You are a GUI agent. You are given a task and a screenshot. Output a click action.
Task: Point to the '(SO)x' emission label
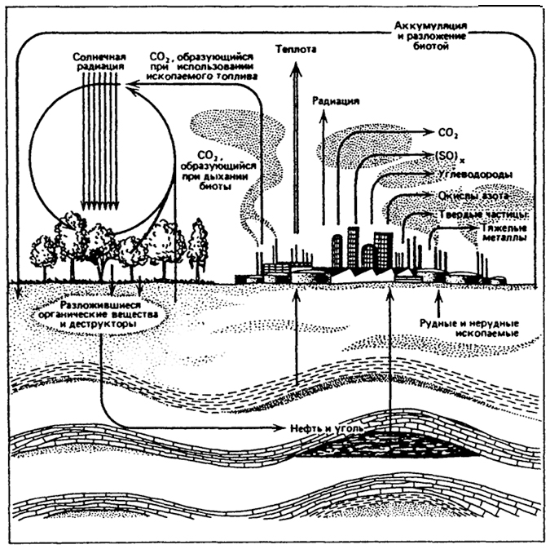tap(440, 155)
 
